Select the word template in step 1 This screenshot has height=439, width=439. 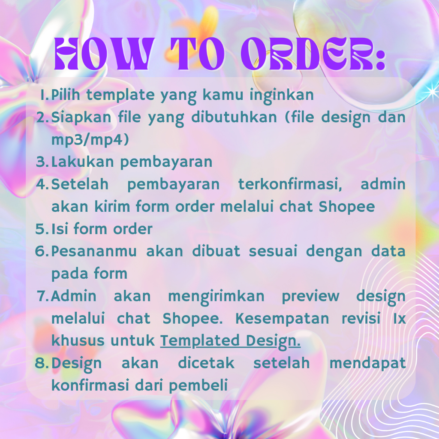click(120, 95)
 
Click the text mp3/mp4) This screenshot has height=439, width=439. click(90, 139)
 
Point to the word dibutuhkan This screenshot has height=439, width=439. click(234, 117)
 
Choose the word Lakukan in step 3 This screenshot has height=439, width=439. click(82, 162)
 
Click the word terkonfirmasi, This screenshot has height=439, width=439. click(290, 184)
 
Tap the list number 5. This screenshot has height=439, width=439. click(41, 229)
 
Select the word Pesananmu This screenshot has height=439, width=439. click(94, 251)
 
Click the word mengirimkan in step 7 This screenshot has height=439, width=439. click(216, 297)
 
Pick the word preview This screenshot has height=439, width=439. click(310, 297)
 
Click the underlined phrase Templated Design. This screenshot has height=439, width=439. click(230, 341)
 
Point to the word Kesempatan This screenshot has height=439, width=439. click(282, 319)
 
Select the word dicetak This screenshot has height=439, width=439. click(206, 363)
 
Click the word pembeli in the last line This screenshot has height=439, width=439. click(198, 385)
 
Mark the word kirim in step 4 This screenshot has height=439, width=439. click(112, 207)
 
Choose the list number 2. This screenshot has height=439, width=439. click(42, 117)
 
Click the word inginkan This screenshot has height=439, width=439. click(282, 95)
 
